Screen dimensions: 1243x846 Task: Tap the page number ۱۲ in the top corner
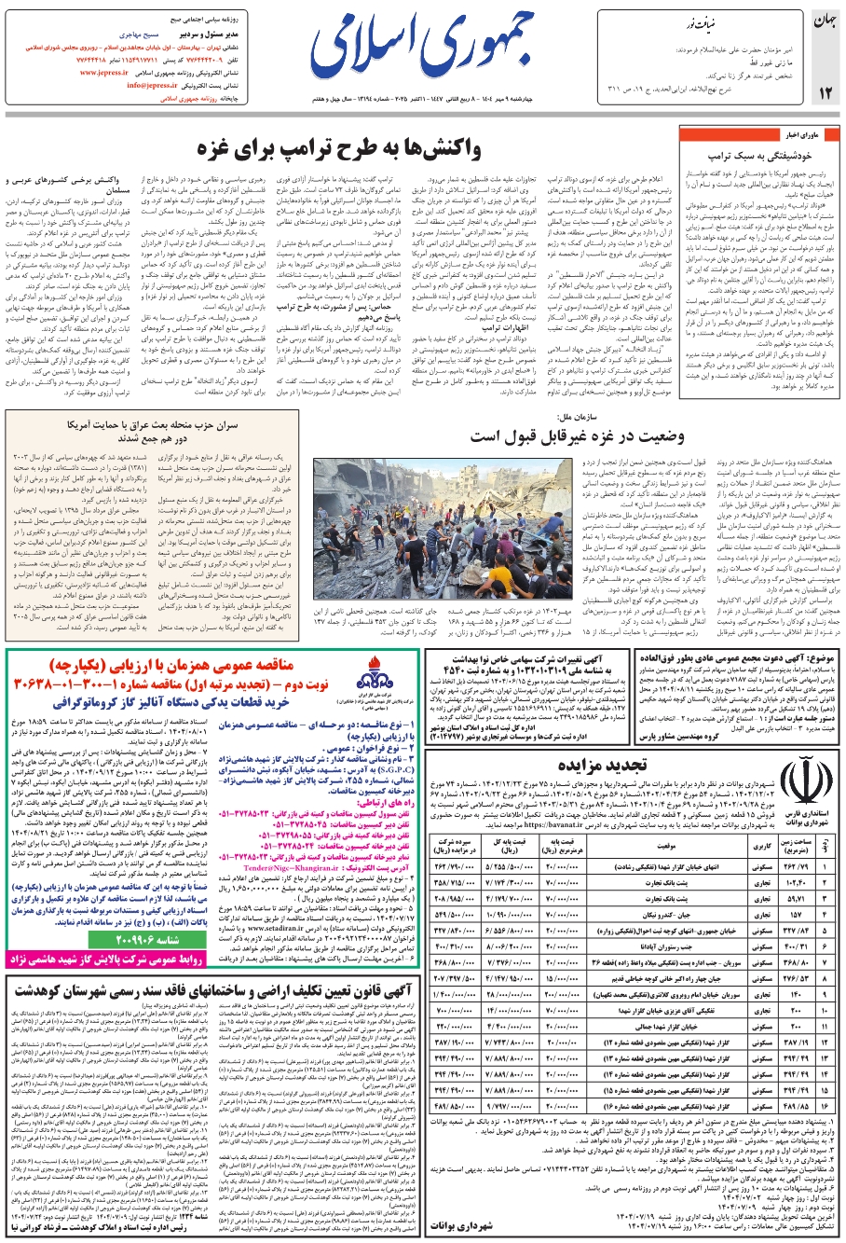pyautogui.click(x=824, y=91)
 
